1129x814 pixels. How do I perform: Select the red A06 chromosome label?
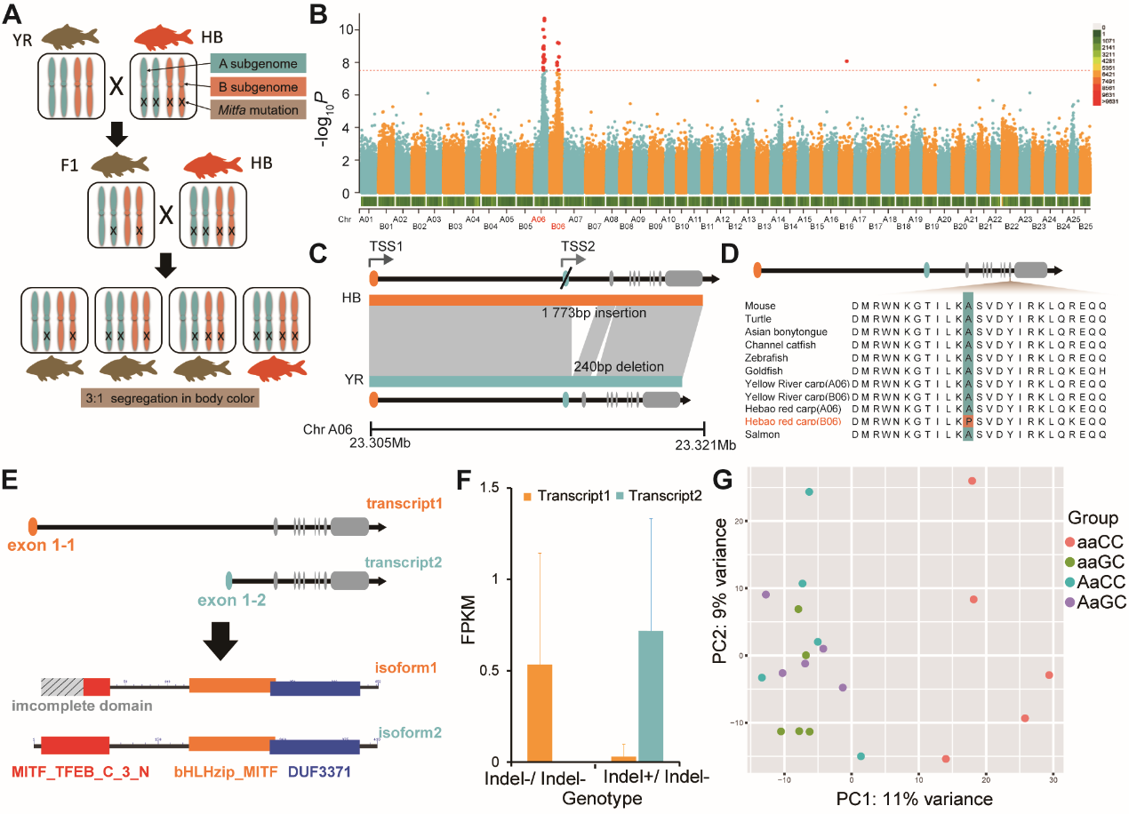539,219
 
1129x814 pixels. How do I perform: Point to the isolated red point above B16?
846,60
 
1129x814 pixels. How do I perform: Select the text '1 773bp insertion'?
594,314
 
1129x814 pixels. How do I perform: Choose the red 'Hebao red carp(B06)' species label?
797,421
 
